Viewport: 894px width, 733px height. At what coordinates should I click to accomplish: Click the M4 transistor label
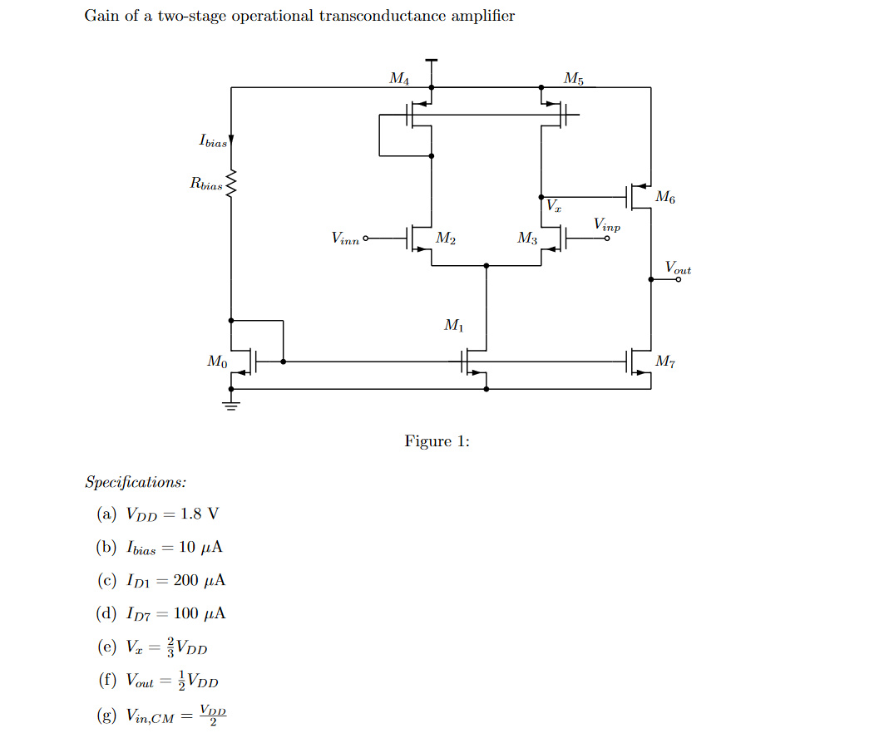tap(399, 79)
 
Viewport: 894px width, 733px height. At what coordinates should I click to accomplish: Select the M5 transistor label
tap(574, 79)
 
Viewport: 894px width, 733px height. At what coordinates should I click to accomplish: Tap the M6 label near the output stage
tap(665, 197)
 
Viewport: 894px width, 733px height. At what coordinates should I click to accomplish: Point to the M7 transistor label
tap(665, 361)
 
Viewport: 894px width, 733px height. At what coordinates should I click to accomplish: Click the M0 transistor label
tap(216, 362)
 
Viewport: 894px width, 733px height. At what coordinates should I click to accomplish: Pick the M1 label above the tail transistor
tap(454, 326)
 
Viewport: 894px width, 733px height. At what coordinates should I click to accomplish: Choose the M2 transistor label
tap(446, 239)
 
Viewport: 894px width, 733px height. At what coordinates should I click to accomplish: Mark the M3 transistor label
tap(527, 239)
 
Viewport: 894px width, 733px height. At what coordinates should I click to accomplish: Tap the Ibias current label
tap(212, 140)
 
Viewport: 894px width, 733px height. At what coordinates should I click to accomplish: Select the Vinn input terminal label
tap(345, 239)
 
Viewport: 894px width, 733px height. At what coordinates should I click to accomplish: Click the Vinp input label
tap(607, 224)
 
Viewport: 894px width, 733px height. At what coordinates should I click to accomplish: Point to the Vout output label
tap(678, 268)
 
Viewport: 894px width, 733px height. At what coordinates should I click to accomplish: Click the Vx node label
tap(553, 205)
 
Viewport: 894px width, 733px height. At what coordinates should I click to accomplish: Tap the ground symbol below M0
tap(231, 406)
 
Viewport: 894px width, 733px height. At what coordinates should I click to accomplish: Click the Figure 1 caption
tap(437, 441)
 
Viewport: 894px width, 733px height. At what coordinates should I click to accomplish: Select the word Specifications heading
tap(136, 483)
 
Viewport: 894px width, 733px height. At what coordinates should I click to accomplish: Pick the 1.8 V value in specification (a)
tap(200, 514)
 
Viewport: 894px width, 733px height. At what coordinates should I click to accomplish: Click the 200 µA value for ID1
tap(199, 581)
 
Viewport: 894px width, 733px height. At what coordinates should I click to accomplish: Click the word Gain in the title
tap(102, 16)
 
